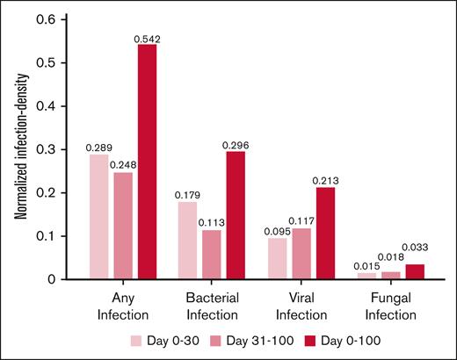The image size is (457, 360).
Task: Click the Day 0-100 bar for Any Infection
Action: coord(147,162)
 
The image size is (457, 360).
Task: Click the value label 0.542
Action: coord(146,38)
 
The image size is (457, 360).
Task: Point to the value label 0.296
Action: coord(236,144)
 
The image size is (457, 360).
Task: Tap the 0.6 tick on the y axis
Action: coord(56,19)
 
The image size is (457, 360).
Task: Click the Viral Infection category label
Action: coord(301,304)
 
